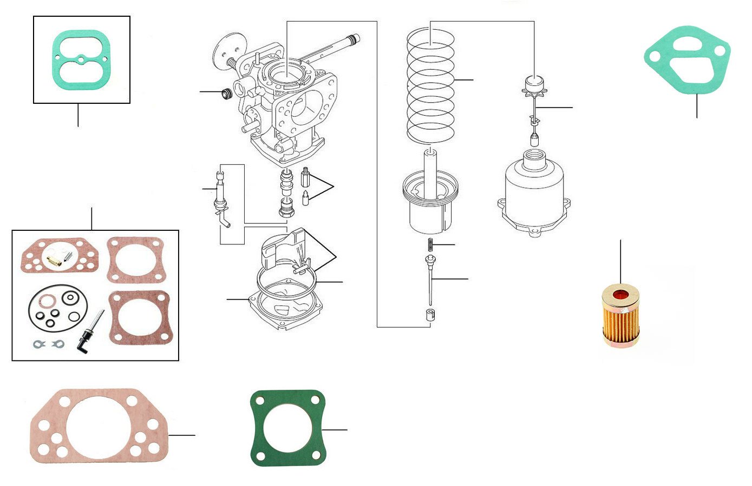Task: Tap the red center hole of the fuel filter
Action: tap(620, 296)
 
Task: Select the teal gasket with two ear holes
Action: tap(686, 57)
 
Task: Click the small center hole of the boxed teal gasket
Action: tap(80, 59)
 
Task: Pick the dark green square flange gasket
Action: tap(287, 428)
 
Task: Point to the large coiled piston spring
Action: tap(430, 86)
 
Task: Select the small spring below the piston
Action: tap(431, 244)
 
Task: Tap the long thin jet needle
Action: tap(430, 281)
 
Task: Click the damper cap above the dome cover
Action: tap(534, 85)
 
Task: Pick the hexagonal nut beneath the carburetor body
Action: tap(285, 207)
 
